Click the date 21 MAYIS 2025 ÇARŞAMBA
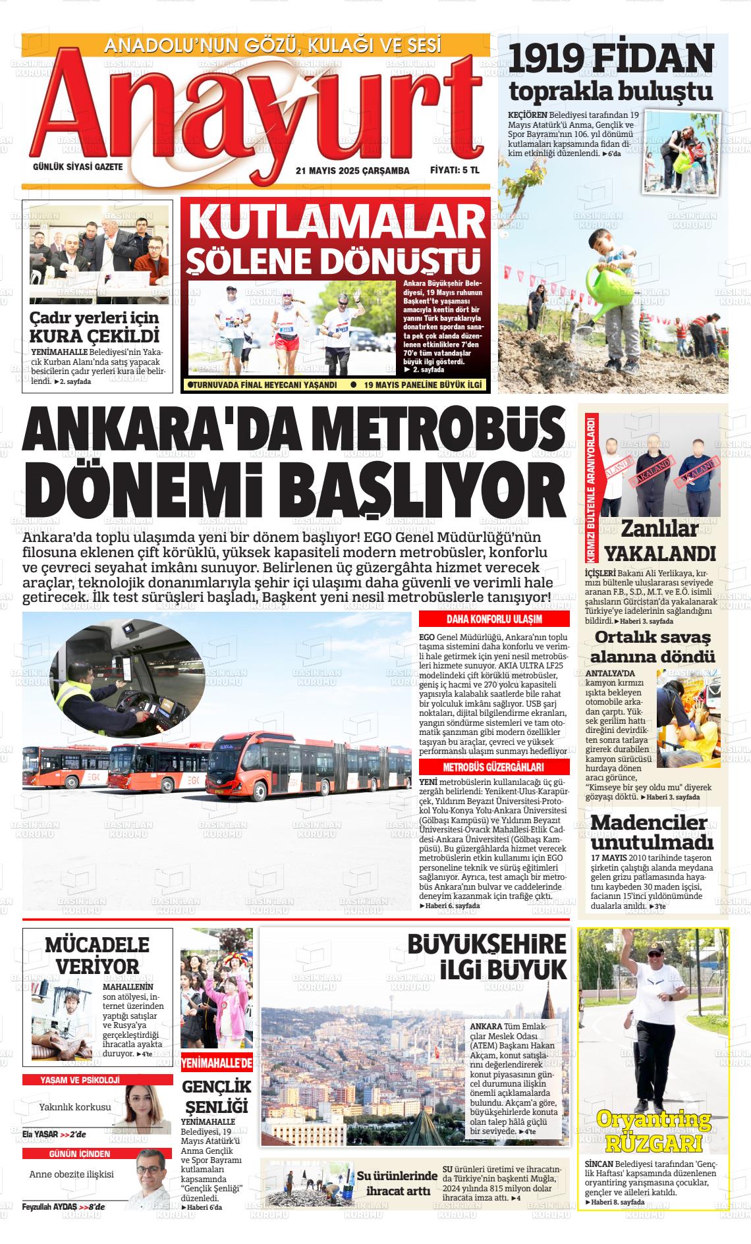352,171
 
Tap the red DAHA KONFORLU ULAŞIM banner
494,619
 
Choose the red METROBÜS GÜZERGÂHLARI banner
494,768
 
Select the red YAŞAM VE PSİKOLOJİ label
79,1079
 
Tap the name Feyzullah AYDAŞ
50,1206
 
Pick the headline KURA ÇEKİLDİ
96,336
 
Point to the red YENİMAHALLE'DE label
217,1062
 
